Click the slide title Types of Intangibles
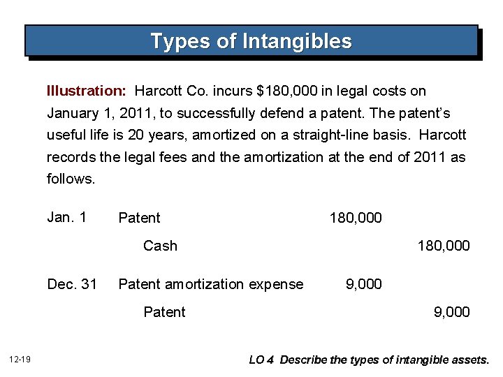pyautogui.click(x=251, y=41)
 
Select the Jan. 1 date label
pyautogui.click(x=66, y=217)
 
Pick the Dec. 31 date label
pyautogui.click(x=72, y=283)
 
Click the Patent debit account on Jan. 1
pyautogui.click(x=139, y=218)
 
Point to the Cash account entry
pyautogui.click(x=160, y=246)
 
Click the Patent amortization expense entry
pyautogui.click(x=211, y=284)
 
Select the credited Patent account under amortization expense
pyautogui.click(x=164, y=312)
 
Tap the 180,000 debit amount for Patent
pyautogui.click(x=356, y=218)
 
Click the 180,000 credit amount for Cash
pyautogui.click(x=444, y=246)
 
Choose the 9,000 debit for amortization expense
pyautogui.click(x=364, y=284)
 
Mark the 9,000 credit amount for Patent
pyautogui.click(x=452, y=312)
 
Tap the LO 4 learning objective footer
pyautogui.click(x=370, y=360)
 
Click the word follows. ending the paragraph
pyautogui.click(x=71, y=179)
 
